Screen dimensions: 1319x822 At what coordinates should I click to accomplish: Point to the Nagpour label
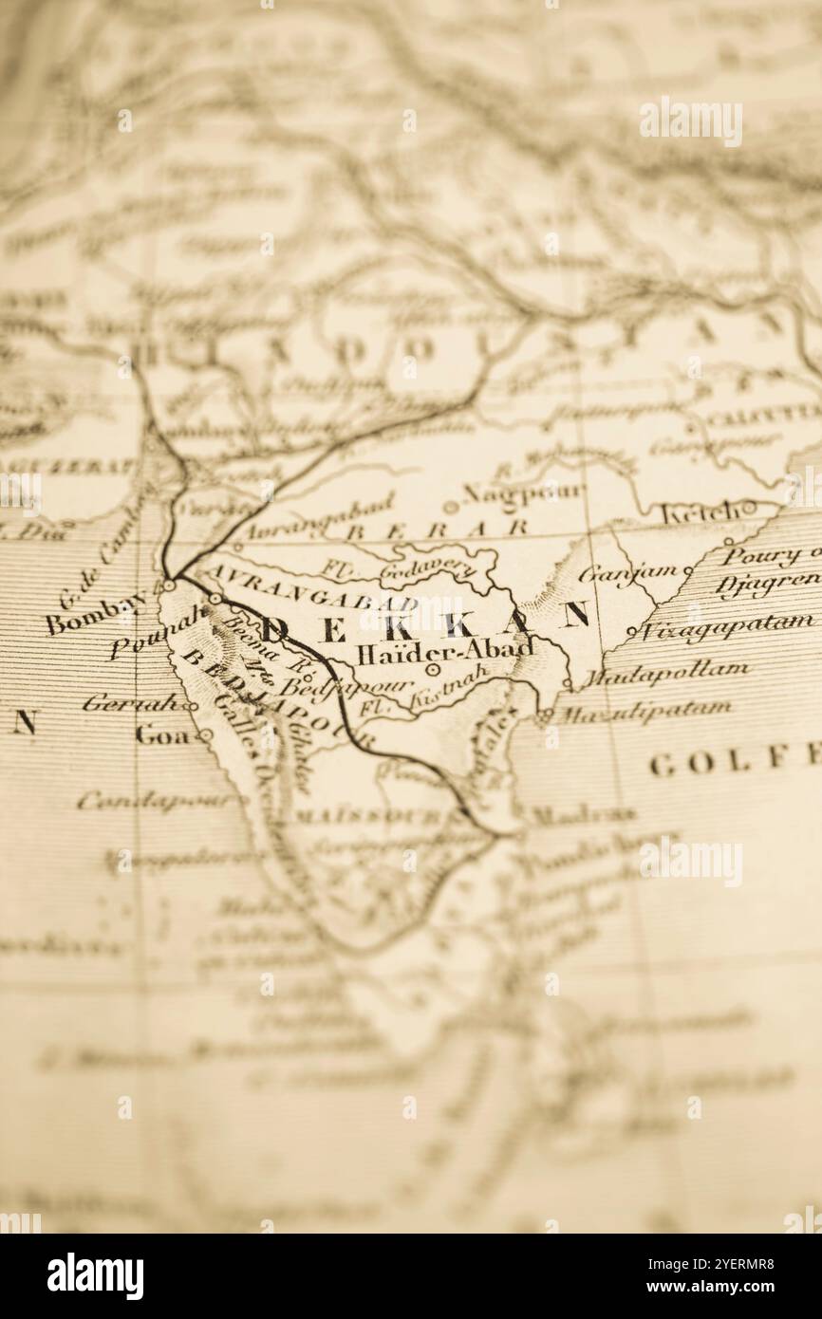point(523,492)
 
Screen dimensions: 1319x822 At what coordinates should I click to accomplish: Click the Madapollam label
point(663,674)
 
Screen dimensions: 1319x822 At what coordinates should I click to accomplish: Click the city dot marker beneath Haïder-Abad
point(433,670)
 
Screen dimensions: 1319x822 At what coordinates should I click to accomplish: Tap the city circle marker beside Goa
point(204,735)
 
